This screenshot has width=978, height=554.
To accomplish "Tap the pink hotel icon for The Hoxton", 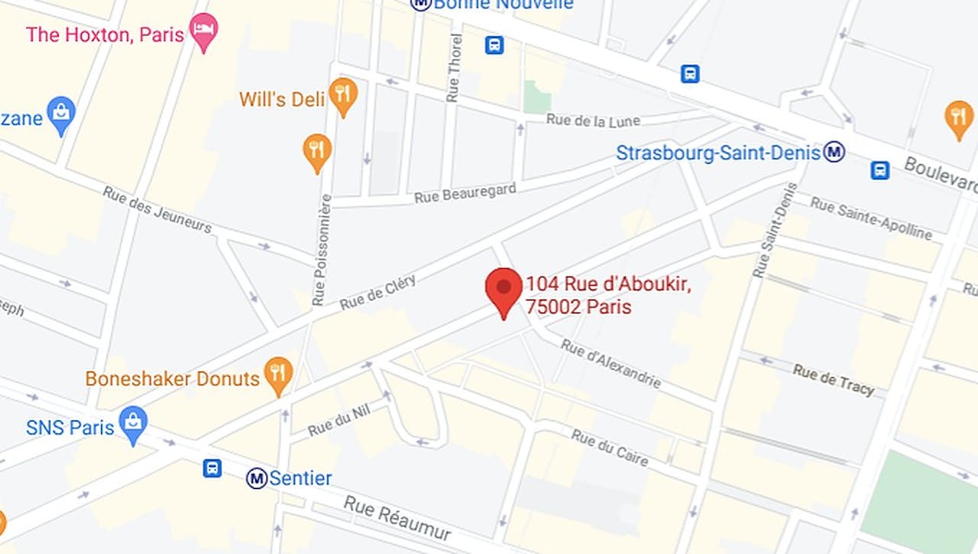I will (x=203, y=31).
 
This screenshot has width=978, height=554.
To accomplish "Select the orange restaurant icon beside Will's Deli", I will (x=343, y=95).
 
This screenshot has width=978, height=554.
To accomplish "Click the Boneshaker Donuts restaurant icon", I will (x=278, y=374).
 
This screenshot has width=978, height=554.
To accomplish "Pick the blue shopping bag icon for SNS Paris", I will (x=134, y=423).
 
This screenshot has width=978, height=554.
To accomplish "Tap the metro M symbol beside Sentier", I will (x=257, y=479).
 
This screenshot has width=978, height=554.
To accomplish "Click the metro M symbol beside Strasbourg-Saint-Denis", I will (x=834, y=152).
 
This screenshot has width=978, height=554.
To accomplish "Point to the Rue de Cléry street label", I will (x=377, y=292).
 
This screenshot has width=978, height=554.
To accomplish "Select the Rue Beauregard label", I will (x=465, y=193).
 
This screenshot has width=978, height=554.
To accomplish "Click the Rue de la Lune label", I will (x=593, y=121).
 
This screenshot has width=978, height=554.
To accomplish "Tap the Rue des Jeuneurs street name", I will (x=157, y=209).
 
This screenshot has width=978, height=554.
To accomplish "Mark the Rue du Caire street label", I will (x=610, y=448).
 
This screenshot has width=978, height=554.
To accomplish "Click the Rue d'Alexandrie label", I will (x=610, y=364).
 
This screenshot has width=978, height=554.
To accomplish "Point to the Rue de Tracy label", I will (x=833, y=379).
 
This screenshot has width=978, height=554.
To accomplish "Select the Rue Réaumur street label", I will (x=397, y=519).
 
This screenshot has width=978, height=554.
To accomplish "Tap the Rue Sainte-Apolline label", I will (x=871, y=218).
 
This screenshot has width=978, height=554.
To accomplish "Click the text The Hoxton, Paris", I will (x=105, y=34).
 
